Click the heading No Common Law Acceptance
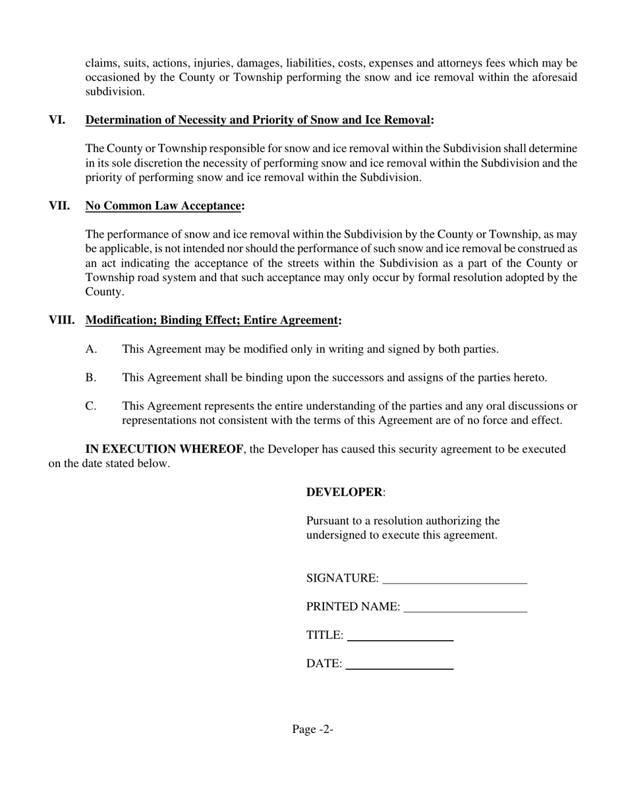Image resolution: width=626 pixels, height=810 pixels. tap(163, 206)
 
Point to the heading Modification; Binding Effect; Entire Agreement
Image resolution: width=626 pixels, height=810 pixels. tap(212, 321)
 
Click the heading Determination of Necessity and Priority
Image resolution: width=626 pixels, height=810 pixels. tap(258, 120)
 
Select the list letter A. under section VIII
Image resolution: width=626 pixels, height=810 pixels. tap(91, 350)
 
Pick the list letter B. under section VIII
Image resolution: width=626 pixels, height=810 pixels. tap(91, 378)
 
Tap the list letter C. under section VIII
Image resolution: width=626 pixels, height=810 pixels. tap(91, 406)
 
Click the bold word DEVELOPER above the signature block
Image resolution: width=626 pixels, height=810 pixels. tap(344, 493)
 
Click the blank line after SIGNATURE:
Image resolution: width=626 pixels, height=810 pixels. tap(455, 580)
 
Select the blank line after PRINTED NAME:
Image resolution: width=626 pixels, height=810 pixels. tap(465, 608)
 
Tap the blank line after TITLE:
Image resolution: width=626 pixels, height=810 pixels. tap(400, 637)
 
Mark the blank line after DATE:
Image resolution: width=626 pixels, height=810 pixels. tap(399, 665)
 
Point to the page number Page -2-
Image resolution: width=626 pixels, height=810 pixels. tap(313, 730)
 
